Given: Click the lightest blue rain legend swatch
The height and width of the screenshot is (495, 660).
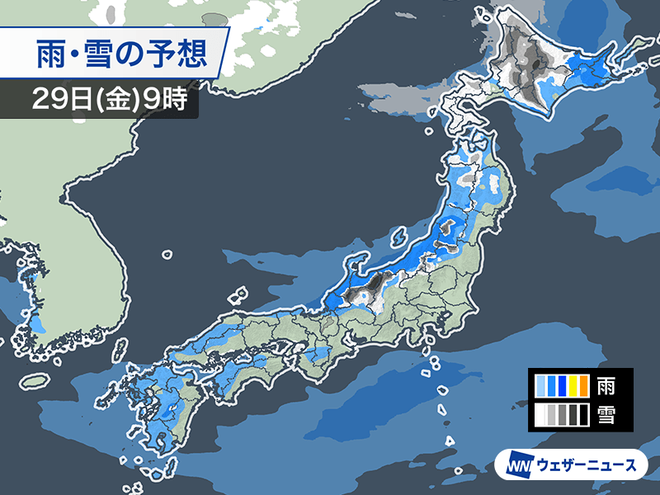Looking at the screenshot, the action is pyautogui.click(x=540, y=385).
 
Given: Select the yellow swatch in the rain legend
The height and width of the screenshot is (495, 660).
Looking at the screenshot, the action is pyautogui.click(x=572, y=385).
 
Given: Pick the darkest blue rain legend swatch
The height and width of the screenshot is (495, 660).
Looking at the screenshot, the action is pyautogui.click(x=561, y=385).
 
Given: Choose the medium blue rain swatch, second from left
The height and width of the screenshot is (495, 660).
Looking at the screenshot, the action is pyautogui.click(x=550, y=385).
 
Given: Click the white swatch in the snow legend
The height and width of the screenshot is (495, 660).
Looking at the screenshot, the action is pyautogui.click(x=540, y=414).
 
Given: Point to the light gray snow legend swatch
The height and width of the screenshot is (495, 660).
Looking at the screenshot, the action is pyautogui.click(x=550, y=414).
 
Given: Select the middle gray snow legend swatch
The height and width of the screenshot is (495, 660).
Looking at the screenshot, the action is pyautogui.click(x=561, y=414).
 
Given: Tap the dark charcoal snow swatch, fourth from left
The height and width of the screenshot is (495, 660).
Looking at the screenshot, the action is pyautogui.click(x=572, y=414).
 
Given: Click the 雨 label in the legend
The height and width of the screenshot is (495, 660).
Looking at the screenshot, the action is pyautogui.click(x=605, y=385).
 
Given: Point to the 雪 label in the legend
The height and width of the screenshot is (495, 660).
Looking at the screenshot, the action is pyautogui.click(x=605, y=414).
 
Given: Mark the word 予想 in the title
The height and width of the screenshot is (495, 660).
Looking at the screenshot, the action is pyautogui.click(x=181, y=54).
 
